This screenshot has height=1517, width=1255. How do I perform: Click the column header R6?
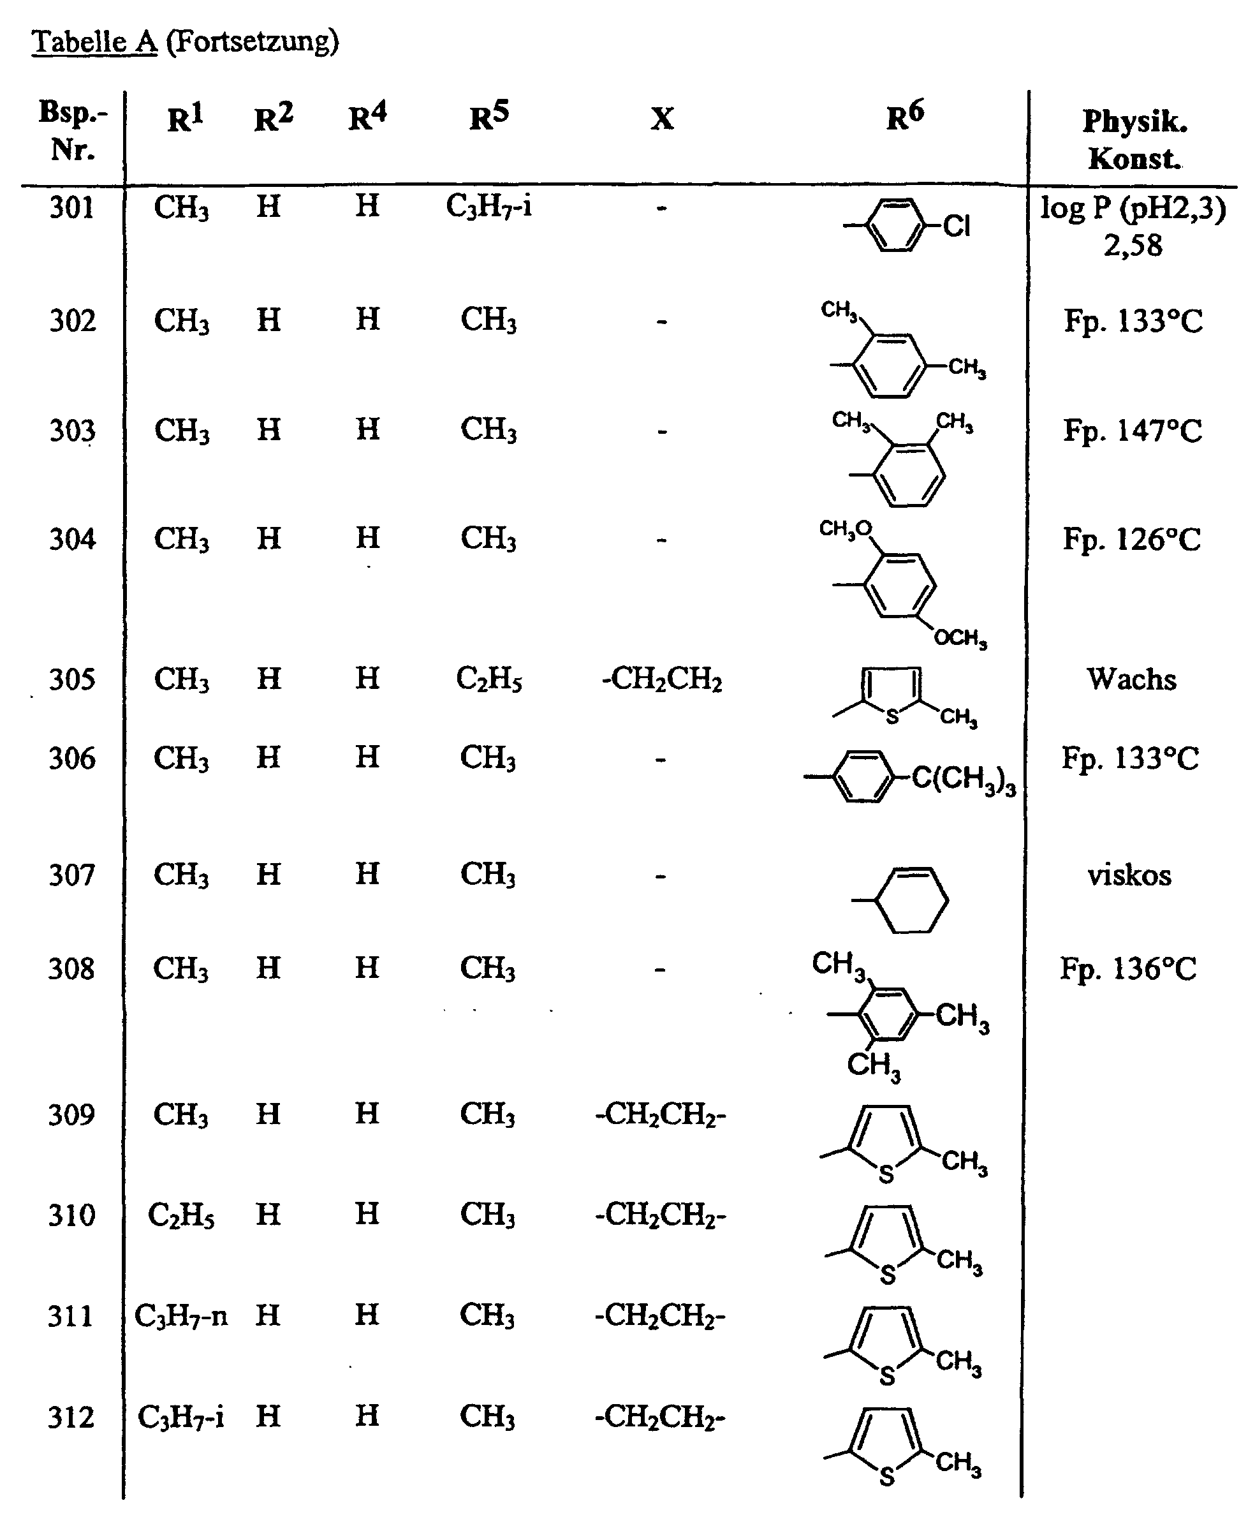(905, 117)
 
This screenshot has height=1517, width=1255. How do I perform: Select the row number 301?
(71, 208)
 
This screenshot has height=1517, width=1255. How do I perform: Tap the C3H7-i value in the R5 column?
(489, 207)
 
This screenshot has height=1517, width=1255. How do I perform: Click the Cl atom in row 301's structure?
(957, 227)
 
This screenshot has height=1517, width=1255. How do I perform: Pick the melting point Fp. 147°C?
(1133, 431)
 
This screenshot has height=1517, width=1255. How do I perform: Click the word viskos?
(1129, 875)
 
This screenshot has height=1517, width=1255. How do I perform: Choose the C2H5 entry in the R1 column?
(180, 1217)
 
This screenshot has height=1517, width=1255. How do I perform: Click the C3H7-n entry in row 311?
(180, 1317)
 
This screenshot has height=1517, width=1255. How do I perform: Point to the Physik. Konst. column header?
(1134, 140)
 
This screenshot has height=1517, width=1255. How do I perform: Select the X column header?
(661, 119)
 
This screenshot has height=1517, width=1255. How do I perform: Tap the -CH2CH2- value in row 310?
(660, 1216)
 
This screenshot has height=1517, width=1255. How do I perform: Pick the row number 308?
(71, 970)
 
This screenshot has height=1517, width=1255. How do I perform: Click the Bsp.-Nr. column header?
(72, 131)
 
